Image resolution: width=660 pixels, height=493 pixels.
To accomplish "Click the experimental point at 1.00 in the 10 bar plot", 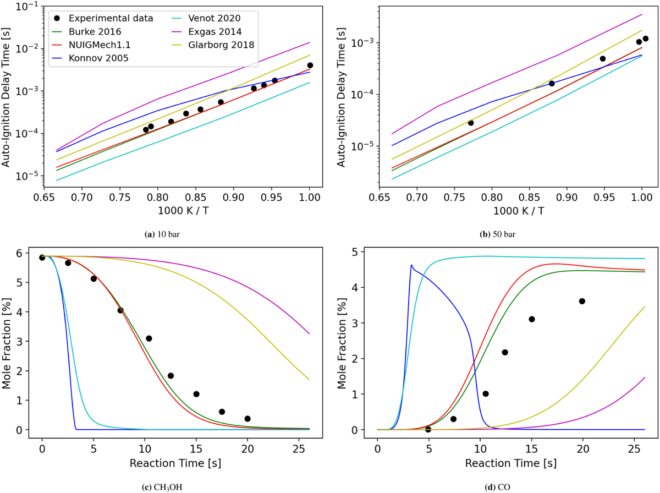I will click(x=310, y=65).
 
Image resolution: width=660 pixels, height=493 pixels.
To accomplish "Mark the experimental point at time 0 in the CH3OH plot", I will click(x=42, y=258).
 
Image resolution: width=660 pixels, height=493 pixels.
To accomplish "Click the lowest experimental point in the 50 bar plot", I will click(x=470, y=123).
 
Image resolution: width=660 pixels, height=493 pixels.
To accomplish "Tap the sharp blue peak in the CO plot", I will click(x=411, y=265).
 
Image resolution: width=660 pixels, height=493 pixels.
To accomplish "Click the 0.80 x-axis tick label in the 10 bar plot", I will click(x=158, y=195).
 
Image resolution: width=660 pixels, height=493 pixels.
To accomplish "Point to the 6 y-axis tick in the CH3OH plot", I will click(x=28, y=253).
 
